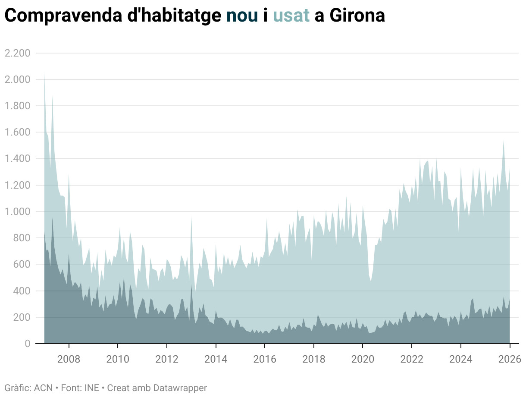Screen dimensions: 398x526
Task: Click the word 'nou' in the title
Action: point(242,16)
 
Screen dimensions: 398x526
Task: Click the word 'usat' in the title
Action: point(291,16)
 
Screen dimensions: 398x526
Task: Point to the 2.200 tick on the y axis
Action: point(17,53)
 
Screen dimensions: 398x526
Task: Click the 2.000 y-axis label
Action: point(17,79)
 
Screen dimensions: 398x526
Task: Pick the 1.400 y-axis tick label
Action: point(17,159)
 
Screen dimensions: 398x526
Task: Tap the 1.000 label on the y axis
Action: point(17,212)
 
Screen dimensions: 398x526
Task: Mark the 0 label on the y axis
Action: point(27,344)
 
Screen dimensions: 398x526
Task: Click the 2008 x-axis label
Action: point(69,359)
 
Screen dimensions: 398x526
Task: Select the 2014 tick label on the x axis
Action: point(216,359)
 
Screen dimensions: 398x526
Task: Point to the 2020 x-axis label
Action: point(363,359)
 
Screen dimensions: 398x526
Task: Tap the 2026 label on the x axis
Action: point(510,359)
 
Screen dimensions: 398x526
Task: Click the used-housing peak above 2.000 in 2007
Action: point(44,74)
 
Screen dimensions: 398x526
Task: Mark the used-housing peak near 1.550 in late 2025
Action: point(503,140)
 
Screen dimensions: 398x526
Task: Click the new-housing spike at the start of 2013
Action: point(191,285)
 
